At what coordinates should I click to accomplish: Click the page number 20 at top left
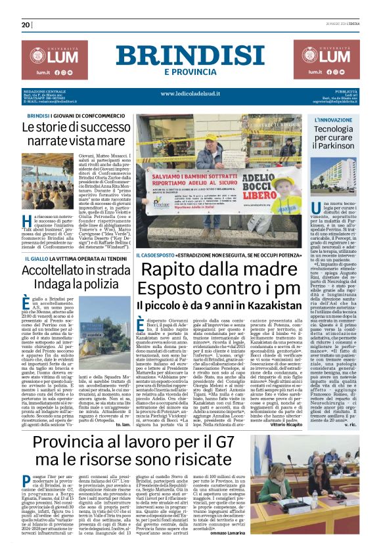pos(26,25)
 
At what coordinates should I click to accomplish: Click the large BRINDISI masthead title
pos(190,55)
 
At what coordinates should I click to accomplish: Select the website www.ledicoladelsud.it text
pos(190,94)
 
